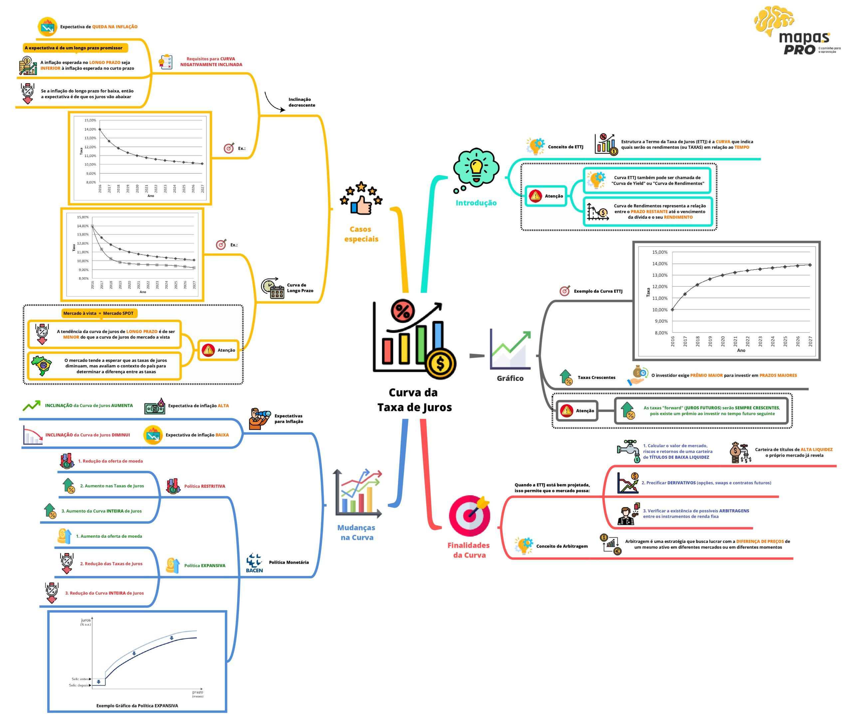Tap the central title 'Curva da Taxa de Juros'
pos(414,400)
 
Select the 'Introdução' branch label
pos(476,203)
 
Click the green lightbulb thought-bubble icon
pos(476,170)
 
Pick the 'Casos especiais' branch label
pos(361,234)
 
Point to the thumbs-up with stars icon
pos(361,198)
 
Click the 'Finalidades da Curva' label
pos(469,550)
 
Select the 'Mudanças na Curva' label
pos(356,532)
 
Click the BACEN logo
pos(255,562)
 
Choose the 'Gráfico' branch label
pos(510,378)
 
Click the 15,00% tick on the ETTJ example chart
pos(660,252)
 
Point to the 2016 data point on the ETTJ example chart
pos(672,309)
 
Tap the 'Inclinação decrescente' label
pos(302,102)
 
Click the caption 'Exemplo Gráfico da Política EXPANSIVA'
pos(137,705)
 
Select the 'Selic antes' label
pos(80,679)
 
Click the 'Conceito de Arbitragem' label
pos(562,546)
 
